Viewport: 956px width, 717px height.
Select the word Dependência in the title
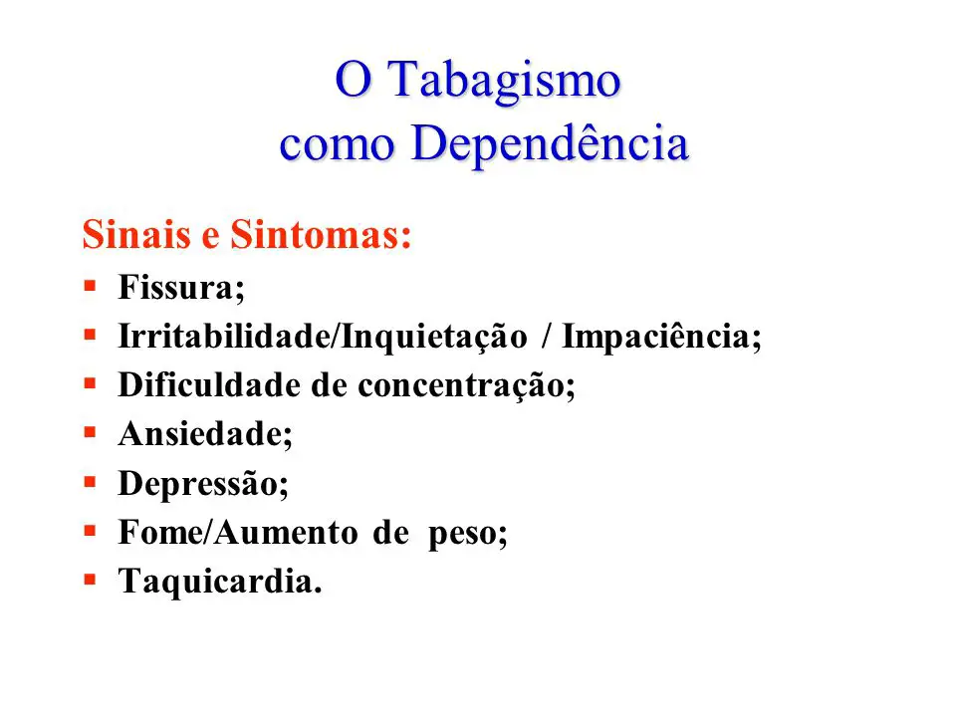point(550,143)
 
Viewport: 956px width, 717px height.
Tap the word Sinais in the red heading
point(136,234)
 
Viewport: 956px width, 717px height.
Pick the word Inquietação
point(433,338)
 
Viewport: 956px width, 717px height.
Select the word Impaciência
point(656,338)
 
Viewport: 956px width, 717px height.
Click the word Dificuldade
point(208,385)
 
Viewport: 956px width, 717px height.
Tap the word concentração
point(461,386)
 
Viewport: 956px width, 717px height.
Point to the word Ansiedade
point(200,434)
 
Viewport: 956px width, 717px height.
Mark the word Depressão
point(197,484)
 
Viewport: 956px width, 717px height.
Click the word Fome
point(160,532)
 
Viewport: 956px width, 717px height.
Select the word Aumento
point(286,532)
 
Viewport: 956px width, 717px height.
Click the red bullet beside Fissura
point(91,286)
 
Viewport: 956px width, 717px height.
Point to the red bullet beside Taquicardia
point(91,580)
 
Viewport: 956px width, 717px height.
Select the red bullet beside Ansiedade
point(91,432)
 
